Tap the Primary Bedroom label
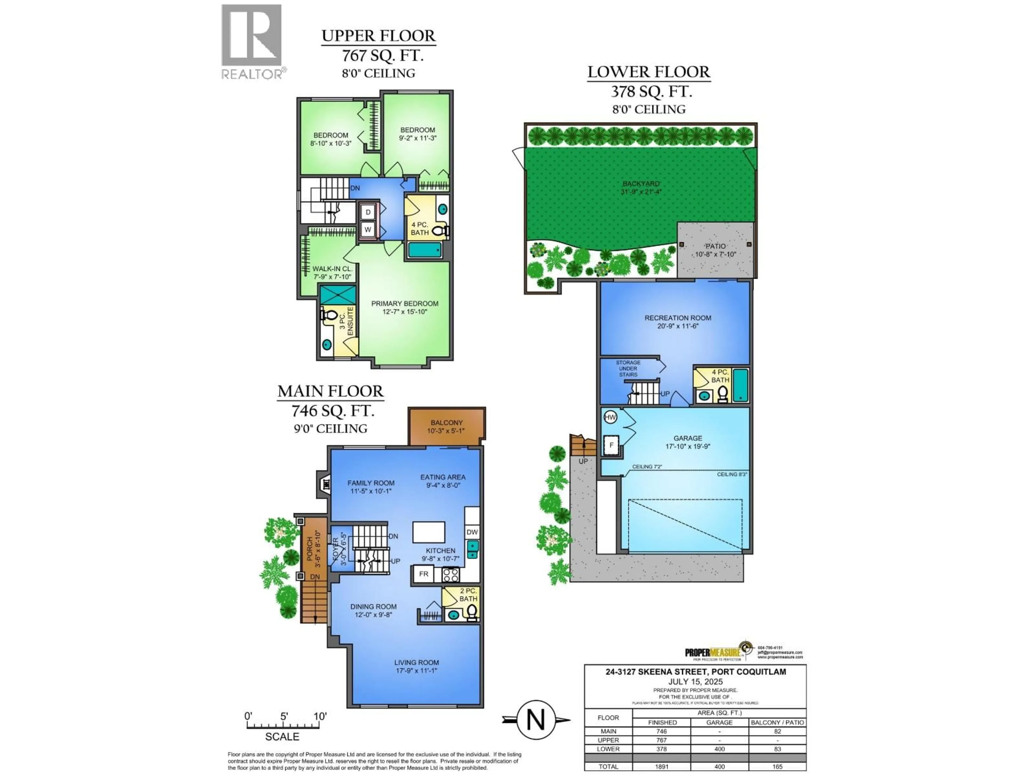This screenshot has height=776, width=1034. point(404,304)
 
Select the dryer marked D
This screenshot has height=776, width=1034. point(368,212)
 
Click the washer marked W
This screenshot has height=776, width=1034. point(368,230)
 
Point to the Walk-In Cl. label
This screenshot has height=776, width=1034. point(332,269)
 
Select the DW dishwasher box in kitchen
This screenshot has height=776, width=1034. point(472,532)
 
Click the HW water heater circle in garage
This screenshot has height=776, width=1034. point(610,417)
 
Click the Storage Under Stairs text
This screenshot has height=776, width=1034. point(628,369)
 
